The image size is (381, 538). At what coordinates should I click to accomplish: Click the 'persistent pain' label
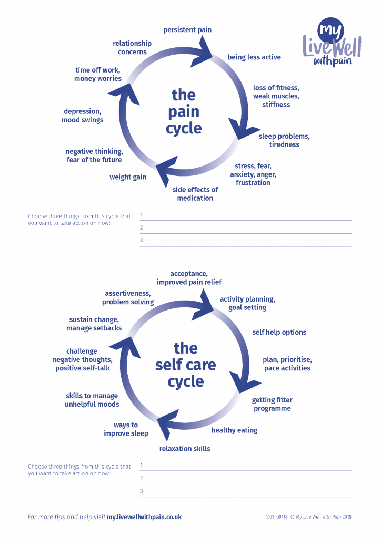(x=187, y=30)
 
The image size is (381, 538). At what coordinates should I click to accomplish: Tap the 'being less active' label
(x=254, y=57)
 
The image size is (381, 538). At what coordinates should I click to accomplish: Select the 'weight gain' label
(x=128, y=177)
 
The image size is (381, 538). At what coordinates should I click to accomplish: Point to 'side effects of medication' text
(x=195, y=194)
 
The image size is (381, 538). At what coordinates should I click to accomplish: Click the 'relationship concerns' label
(x=132, y=48)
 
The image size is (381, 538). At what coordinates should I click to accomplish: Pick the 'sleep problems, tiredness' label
(x=284, y=141)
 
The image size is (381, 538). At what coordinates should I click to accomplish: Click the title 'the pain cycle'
(x=184, y=111)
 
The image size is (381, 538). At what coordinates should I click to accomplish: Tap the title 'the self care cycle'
(x=185, y=365)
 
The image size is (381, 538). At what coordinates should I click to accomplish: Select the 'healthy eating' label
(x=235, y=430)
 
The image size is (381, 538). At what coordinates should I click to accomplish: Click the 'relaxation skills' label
(x=185, y=449)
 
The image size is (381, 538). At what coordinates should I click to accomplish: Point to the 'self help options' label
(x=279, y=332)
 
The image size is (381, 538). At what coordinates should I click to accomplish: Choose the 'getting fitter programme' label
(x=272, y=405)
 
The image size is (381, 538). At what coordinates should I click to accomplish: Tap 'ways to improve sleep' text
(x=126, y=429)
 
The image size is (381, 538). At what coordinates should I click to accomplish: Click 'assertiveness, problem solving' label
(x=128, y=298)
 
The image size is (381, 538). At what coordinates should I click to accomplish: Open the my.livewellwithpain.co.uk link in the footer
(x=144, y=517)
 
